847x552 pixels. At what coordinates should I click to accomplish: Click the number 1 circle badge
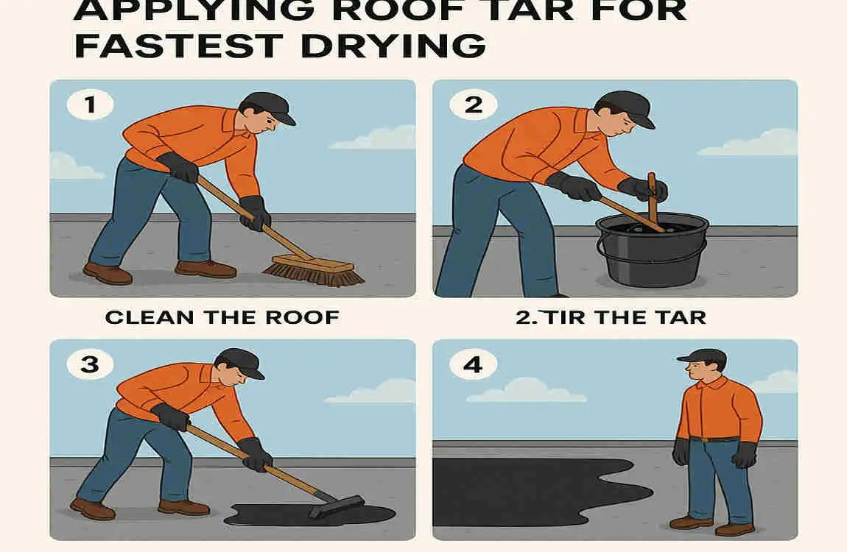90,105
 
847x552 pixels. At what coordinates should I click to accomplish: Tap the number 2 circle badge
473,105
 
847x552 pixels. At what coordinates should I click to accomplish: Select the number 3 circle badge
90,364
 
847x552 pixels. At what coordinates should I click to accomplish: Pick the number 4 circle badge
473,364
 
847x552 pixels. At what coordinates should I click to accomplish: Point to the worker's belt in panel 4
714,439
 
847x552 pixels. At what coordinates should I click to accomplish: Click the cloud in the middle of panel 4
527,391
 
